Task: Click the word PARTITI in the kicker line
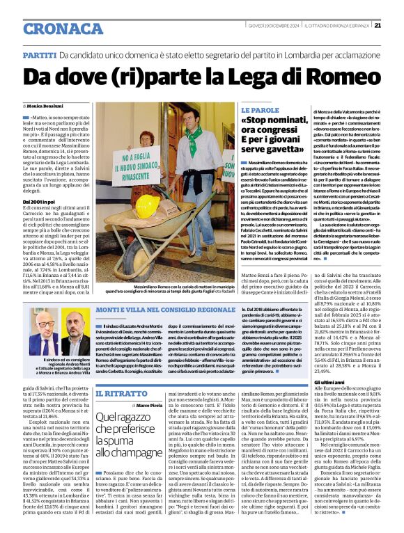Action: (39, 54)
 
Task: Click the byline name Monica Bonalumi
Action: (46, 105)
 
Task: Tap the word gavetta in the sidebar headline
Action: (274, 148)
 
